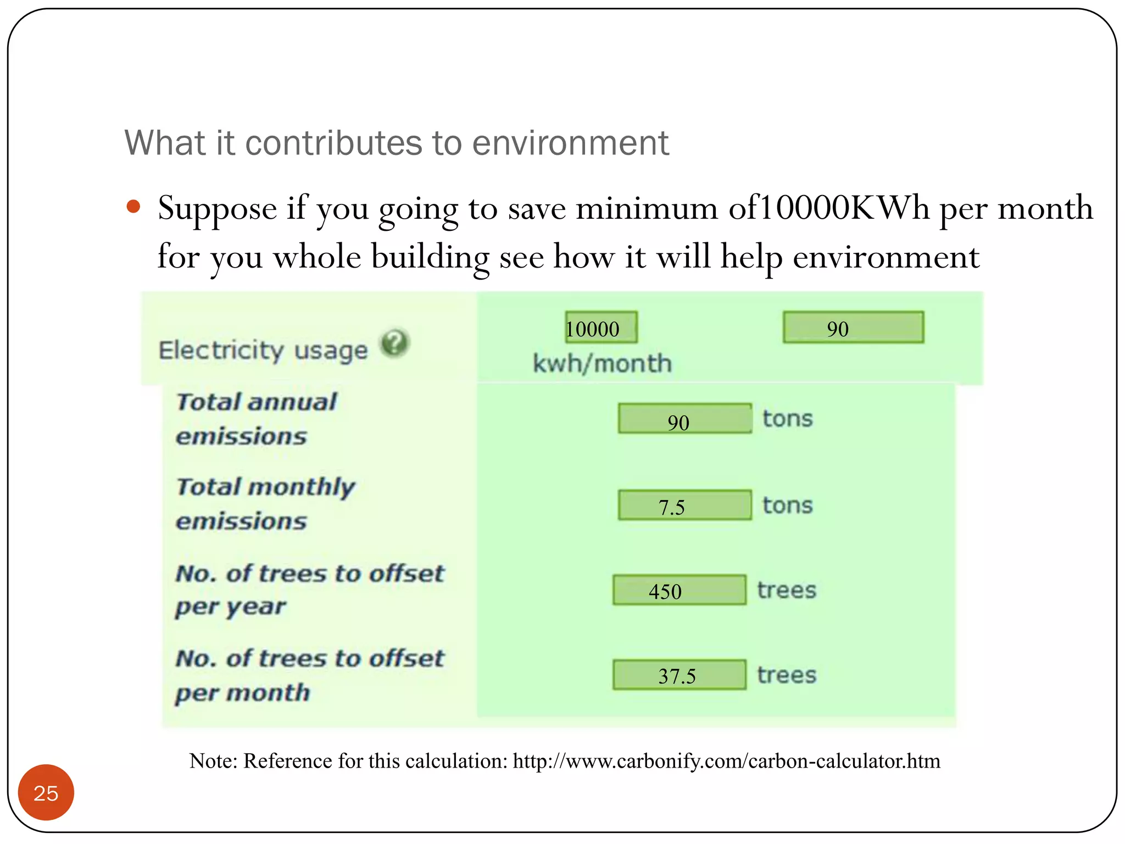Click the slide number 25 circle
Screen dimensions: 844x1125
pyautogui.click(x=46, y=792)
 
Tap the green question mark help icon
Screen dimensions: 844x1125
pyautogui.click(x=395, y=344)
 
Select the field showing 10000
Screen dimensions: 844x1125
pyautogui.click(x=601, y=328)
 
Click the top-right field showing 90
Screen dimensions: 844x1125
pyautogui.click(x=853, y=328)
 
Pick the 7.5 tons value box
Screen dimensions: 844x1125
pyautogui.click(x=684, y=506)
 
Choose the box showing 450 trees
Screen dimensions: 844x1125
pyautogui.click(x=680, y=591)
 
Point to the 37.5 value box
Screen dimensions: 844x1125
pyautogui.click(x=680, y=675)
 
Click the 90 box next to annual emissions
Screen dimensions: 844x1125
pyautogui.click(x=684, y=420)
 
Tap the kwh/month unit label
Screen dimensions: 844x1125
pyautogui.click(x=603, y=364)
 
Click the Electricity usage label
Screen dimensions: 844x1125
pyautogui.click(x=263, y=351)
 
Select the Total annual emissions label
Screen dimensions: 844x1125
pyautogui.click(x=256, y=419)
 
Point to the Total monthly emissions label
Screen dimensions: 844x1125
pyautogui.click(x=265, y=504)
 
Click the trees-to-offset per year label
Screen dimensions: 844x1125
pyautogui.click(x=309, y=590)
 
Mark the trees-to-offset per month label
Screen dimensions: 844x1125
pyautogui.click(x=309, y=675)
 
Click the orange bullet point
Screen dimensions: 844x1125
pyautogui.click(x=133, y=207)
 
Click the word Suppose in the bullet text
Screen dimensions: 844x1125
pyautogui.click(x=217, y=209)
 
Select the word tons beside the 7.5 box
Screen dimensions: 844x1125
pyautogui.click(x=787, y=506)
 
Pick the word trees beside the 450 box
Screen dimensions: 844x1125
pyautogui.click(x=787, y=591)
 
